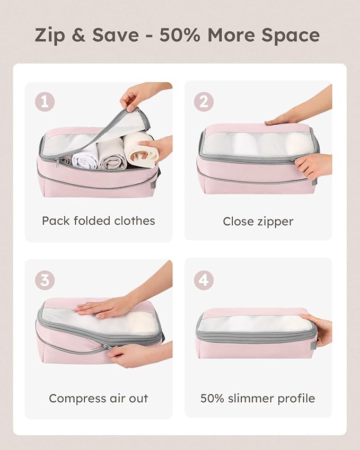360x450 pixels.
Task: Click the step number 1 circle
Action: (45, 102)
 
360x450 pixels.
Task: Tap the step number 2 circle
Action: (204, 101)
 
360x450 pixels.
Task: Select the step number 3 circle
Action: (45, 280)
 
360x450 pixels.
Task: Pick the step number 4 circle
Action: (204, 280)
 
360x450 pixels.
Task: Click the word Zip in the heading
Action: (50, 36)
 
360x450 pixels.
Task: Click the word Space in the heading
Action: (291, 35)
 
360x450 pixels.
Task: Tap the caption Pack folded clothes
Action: (99, 220)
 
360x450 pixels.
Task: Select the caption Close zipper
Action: (258, 221)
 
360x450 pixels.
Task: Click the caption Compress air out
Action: (99, 398)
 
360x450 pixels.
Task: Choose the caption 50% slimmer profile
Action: (258, 398)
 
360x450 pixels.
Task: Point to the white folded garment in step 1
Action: (85, 156)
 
